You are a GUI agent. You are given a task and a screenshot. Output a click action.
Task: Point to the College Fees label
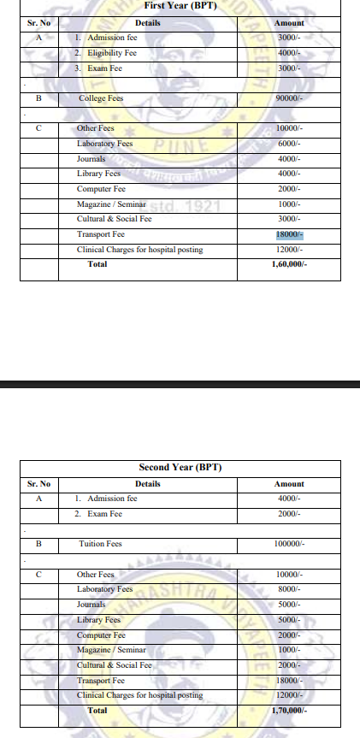(x=101, y=98)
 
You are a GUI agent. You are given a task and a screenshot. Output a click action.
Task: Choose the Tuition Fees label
(x=100, y=543)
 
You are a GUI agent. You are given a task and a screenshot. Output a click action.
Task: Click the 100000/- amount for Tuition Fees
(x=289, y=543)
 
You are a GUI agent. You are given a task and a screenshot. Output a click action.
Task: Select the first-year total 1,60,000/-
(x=288, y=264)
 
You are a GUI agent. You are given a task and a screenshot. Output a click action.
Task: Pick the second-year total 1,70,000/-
(x=288, y=710)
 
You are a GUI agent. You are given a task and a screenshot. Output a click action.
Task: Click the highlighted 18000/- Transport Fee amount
(x=289, y=234)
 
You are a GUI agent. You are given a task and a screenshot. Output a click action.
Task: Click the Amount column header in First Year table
(x=289, y=23)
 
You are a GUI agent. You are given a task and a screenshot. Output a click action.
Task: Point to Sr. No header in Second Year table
(x=39, y=483)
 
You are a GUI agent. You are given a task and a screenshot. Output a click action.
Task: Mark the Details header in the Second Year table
(x=147, y=483)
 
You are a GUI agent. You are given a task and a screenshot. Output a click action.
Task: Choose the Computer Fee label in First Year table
(x=101, y=188)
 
